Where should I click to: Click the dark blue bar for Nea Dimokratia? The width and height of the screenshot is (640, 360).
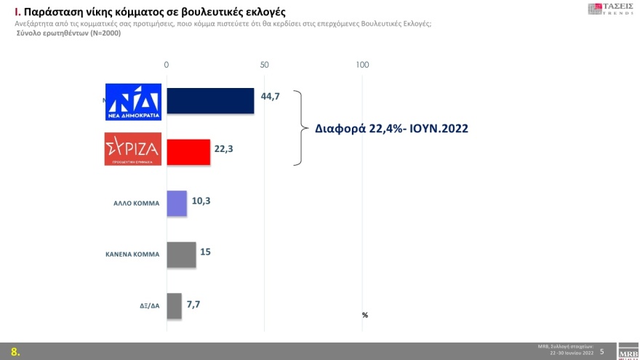[x=210, y=101]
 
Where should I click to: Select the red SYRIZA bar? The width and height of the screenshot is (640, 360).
[x=188, y=152]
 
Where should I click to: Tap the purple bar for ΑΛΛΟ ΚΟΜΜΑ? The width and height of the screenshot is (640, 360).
[x=177, y=203]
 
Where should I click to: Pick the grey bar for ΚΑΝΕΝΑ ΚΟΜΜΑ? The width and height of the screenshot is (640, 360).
[x=181, y=254]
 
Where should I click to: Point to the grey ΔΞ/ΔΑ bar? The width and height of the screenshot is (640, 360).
[x=174, y=305]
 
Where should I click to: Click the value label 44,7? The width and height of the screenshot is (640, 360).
[x=270, y=96]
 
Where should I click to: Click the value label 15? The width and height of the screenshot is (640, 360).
[x=206, y=252]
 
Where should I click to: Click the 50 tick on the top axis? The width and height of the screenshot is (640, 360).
[x=265, y=65]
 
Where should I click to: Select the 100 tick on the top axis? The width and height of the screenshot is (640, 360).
[x=362, y=65]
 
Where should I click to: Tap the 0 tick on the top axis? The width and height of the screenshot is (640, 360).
[x=167, y=65]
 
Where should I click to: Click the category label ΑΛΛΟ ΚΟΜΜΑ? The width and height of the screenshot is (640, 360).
[x=132, y=204]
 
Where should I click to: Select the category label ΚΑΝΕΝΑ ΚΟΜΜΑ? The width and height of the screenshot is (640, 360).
[x=132, y=255]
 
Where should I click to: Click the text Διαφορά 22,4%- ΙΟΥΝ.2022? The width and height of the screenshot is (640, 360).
[x=391, y=129]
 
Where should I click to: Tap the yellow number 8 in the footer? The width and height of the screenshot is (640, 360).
[x=14, y=352]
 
